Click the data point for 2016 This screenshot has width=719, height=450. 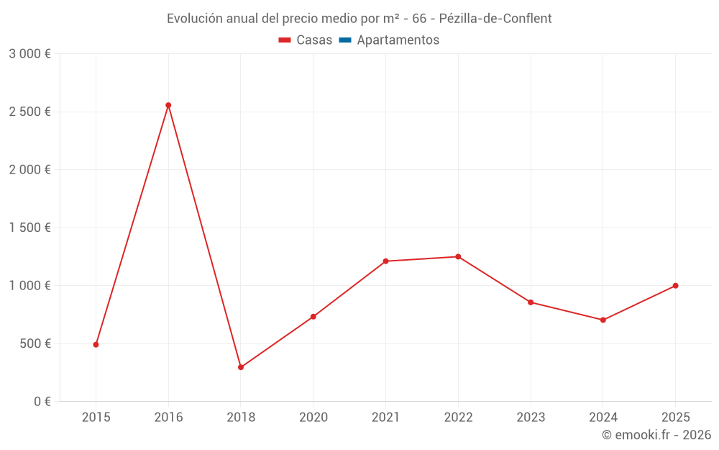(x=168, y=105)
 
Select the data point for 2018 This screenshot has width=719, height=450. (x=241, y=367)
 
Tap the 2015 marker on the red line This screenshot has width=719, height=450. (x=96, y=344)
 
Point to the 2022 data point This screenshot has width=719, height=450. (x=458, y=256)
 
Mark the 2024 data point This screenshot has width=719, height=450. (x=603, y=320)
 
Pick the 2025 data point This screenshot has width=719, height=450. (x=675, y=286)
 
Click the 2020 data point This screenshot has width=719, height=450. (x=313, y=317)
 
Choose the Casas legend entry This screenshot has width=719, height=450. (x=306, y=40)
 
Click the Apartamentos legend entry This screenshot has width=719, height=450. (x=389, y=40)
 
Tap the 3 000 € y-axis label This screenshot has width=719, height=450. (x=30, y=54)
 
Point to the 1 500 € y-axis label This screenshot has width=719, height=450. (x=30, y=228)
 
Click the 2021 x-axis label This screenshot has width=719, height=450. (x=385, y=418)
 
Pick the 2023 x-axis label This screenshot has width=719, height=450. (x=531, y=418)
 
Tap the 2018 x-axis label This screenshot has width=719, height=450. (x=241, y=418)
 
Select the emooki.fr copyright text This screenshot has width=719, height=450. (x=656, y=435)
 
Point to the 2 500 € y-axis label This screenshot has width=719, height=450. (x=30, y=112)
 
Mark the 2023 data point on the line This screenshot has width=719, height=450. (x=531, y=302)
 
